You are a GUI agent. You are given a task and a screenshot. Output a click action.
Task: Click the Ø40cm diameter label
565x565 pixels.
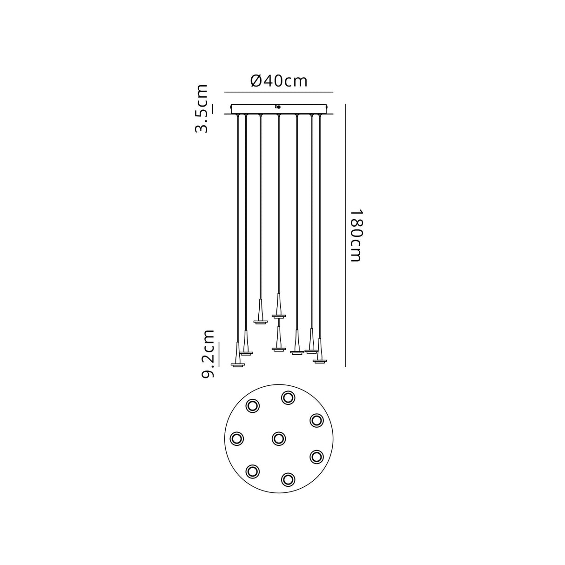279,81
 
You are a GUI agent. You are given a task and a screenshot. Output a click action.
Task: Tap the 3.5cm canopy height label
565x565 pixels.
201,109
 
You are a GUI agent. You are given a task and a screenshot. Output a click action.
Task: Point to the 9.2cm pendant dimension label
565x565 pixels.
208,354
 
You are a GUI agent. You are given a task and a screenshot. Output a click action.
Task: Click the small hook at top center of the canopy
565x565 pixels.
278,107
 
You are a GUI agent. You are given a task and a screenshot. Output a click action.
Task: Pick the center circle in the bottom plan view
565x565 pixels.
278,439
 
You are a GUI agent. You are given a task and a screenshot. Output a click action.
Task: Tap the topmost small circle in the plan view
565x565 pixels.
288,398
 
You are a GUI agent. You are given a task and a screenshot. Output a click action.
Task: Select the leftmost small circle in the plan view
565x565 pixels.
236,439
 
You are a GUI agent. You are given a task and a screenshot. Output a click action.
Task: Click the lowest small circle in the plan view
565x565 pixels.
288,480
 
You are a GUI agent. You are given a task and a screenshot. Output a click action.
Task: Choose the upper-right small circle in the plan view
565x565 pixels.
316,420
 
